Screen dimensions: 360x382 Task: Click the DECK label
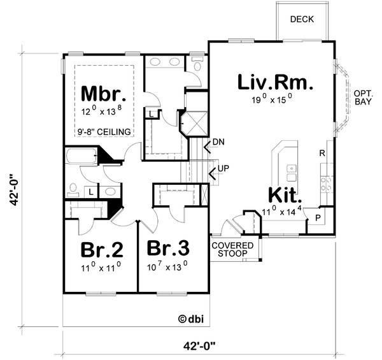302,19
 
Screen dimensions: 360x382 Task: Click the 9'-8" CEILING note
104,132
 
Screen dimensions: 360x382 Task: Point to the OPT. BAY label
364,97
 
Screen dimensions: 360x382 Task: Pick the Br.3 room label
168,247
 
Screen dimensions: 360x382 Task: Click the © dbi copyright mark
190,318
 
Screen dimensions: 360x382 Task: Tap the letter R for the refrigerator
323,154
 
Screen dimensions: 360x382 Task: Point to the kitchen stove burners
327,184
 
